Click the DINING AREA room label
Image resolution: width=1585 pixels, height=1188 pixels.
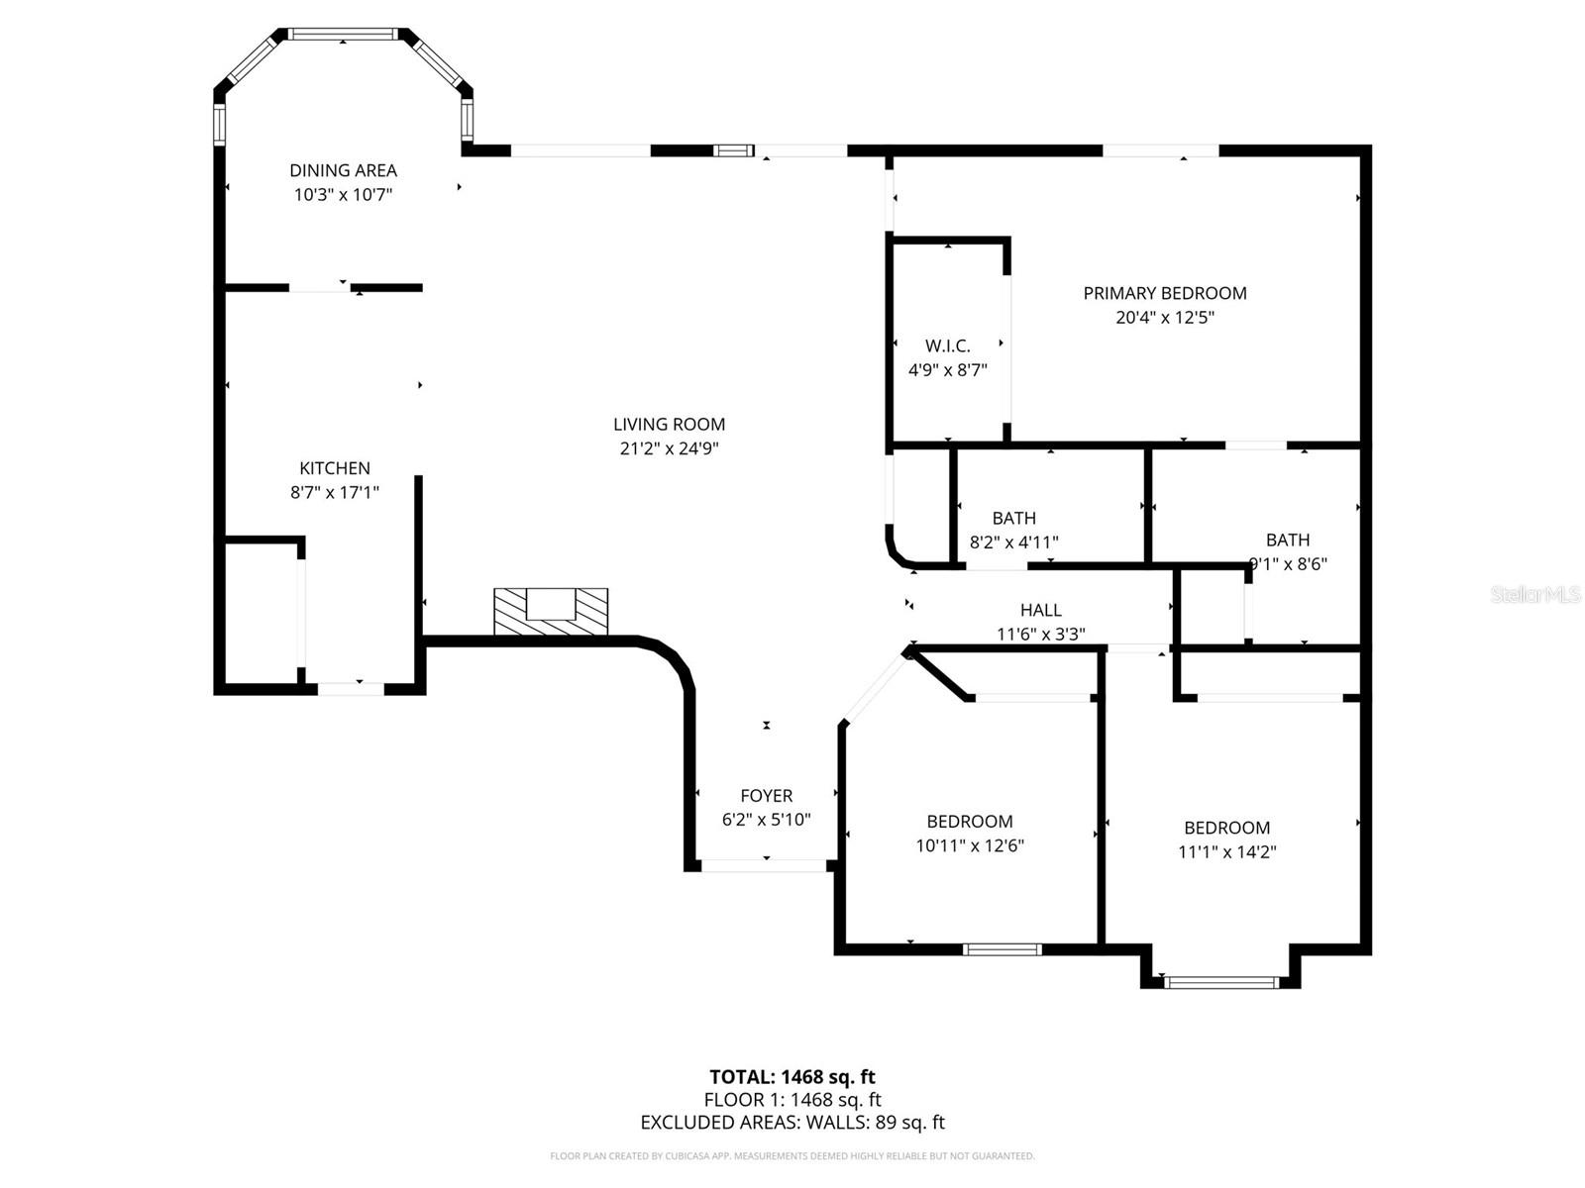[343, 170]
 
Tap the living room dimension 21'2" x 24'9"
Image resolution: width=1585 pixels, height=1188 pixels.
[669, 448]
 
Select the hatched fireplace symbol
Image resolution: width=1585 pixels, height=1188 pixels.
[551, 612]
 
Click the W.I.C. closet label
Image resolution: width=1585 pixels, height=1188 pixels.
[948, 346]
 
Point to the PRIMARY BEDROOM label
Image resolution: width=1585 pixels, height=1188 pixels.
[1164, 293]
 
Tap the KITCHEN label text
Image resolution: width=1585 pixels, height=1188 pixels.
[335, 468]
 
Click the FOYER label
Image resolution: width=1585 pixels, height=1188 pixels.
[766, 796]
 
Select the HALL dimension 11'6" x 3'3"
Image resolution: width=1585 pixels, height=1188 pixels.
[1040, 635]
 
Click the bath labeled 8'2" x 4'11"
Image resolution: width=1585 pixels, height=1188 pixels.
[1013, 518]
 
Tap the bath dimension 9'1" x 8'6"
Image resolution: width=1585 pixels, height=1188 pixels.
[1288, 564]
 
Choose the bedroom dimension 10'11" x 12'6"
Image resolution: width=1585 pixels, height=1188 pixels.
[969, 845]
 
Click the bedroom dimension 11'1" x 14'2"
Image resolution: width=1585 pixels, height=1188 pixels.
[1226, 852]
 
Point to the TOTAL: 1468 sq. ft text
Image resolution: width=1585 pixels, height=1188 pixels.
[792, 1077]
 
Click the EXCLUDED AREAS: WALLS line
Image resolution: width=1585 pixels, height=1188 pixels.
[792, 1123]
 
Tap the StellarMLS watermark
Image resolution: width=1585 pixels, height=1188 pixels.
[1534, 595]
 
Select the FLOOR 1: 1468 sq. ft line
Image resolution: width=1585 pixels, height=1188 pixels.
[792, 1100]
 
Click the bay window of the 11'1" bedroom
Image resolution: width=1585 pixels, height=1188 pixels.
[1220, 982]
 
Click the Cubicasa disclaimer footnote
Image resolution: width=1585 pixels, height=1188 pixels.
[792, 1156]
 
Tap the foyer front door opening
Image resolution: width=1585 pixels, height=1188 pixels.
[764, 865]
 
